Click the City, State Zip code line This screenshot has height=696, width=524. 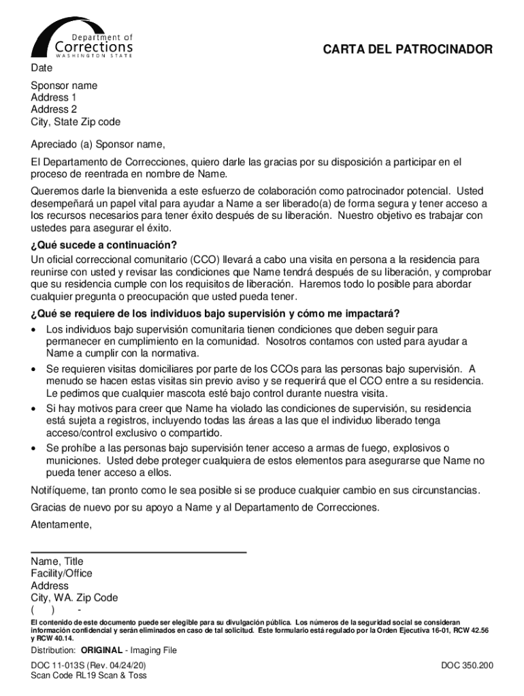tap(76, 122)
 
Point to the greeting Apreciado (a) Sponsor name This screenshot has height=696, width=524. tap(98, 144)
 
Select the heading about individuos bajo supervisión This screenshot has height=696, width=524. tap(215, 313)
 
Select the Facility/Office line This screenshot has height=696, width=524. tap(61, 574)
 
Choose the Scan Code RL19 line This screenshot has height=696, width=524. tap(88, 676)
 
